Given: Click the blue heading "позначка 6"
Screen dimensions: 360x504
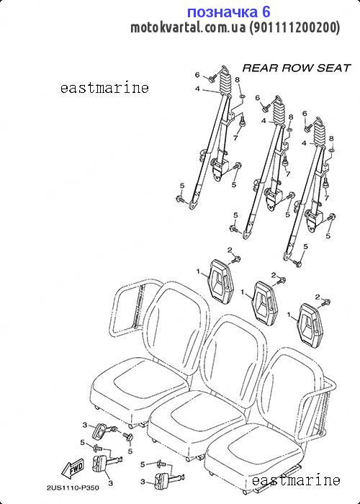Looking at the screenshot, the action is coord(228,12).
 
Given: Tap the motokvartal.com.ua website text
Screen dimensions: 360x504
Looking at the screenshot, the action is coord(188,28).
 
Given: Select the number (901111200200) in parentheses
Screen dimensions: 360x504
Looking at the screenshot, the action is coord(294,28).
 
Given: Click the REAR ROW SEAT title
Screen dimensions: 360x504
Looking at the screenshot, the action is coord(297,68).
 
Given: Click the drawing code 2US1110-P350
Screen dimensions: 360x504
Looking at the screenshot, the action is coord(73,488).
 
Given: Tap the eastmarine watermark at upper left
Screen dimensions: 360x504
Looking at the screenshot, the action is coord(105,88).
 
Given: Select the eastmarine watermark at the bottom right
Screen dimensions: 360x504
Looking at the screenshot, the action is coord(296,480).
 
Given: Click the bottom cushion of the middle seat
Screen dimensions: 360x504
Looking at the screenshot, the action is coord(197,420).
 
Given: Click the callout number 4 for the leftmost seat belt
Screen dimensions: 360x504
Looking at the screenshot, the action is coord(198,89).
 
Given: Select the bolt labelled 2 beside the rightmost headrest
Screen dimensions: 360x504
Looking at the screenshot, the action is coord(327,302).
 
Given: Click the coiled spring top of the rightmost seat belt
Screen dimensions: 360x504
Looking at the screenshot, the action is coord(319,132).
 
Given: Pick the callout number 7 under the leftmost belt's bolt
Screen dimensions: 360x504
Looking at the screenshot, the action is coord(235,138).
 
